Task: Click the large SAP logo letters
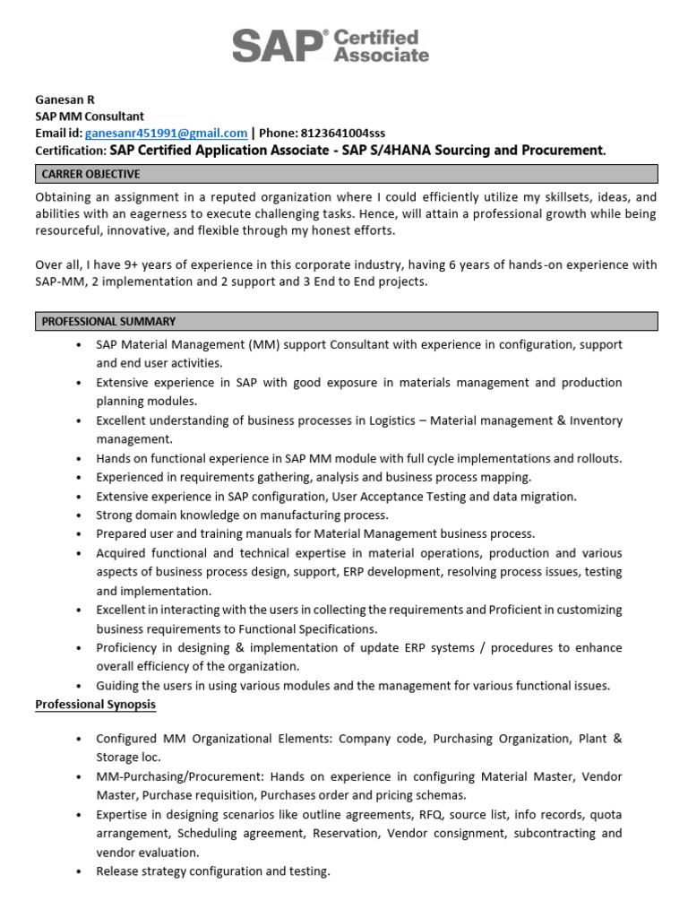coord(277,46)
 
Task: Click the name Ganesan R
coord(64,100)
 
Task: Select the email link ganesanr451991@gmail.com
coord(166,133)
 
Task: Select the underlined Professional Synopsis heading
coord(95,705)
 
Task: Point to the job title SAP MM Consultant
coord(89,117)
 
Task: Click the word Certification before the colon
coord(70,151)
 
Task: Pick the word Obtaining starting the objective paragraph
coord(65,196)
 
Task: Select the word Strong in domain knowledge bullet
coord(116,515)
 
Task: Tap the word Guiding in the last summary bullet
coord(119,686)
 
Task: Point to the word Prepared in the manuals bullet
coord(122,533)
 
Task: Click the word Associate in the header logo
coord(381,56)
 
